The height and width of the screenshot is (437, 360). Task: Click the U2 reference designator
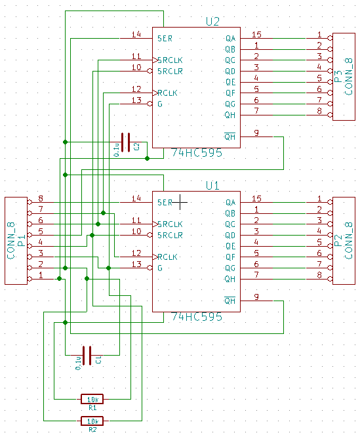pyautogui.click(x=212, y=22)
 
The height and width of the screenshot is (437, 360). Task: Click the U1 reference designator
pyautogui.click(x=212, y=185)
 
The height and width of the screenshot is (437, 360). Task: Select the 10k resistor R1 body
pyautogui.click(x=92, y=399)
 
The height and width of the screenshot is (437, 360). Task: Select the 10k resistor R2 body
pyautogui.click(x=92, y=421)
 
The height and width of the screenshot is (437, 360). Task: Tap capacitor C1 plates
pyautogui.click(x=87, y=356)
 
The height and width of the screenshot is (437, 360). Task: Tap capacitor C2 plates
pyautogui.click(x=125, y=142)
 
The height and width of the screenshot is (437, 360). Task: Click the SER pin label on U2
pyautogui.click(x=165, y=39)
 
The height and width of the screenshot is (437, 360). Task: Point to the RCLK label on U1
pyautogui.click(x=167, y=257)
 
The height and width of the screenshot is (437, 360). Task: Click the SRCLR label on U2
pyautogui.click(x=170, y=72)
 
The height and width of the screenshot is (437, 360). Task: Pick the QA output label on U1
pyautogui.click(x=231, y=202)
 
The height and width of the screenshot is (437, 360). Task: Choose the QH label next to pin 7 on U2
pyautogui.click(x=230, y=115)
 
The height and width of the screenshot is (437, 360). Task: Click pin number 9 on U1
pyautogui.click(x=256, y=297)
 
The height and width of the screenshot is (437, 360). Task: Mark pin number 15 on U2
pyautogui.click(x=256, y=34)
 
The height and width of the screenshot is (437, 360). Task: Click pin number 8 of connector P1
pyautogui.click(x=41, y=198)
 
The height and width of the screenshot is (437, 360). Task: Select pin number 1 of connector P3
pyautogui.click(x=319, y=35)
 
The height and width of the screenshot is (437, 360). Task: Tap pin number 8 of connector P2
pyautogui.click(x=319, y=275)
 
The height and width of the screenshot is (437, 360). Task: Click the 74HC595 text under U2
pyautogui.click(x=197, y=153)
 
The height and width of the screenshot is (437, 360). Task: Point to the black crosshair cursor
pyautogui.click(x=180, y=202)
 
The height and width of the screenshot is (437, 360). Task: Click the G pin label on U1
pyautogui.click(x=160, y=268)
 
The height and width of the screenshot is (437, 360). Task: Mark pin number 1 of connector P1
pyautogui.click(x=41, y=275)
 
